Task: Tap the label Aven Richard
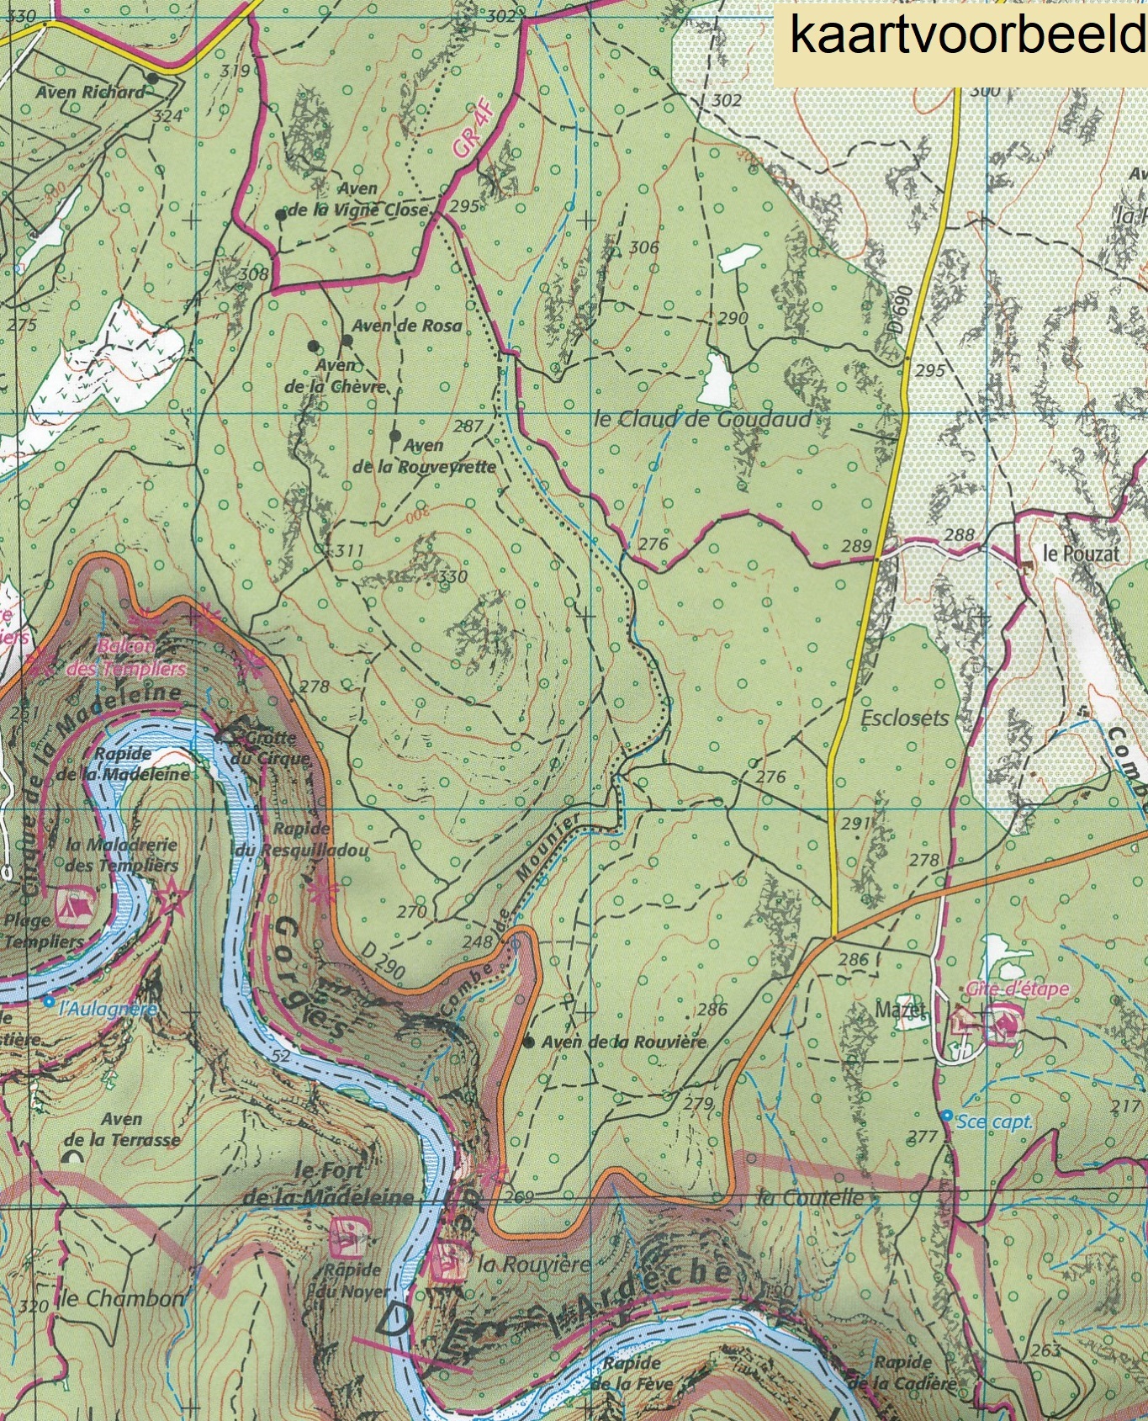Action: pyautogui.click(x=90, y=92)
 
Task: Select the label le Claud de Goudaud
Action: pyautogui.click(x=703, y=418)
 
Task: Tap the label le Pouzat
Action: pyautogui.click(x=1081, y=554)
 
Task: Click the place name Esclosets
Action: pyautogui.click(x=905, y=718)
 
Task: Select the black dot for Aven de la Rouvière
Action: pyautogui.click(x=528, y=1042)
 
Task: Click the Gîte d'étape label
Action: pyautogui.click(x=1017, y=989)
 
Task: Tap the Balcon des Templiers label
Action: pyautogui.click(x=140, y=658)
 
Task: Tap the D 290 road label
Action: pyautogui.click(x=384, y=962)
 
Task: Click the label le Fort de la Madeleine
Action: pyautogui.click(x=330, y=1183)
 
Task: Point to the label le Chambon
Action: pyautogui.click(x=121, y=1298)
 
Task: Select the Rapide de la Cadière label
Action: pyautogui.click(x=902, y=1372)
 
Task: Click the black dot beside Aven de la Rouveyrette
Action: pyautogui.click(x=395, y=435)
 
